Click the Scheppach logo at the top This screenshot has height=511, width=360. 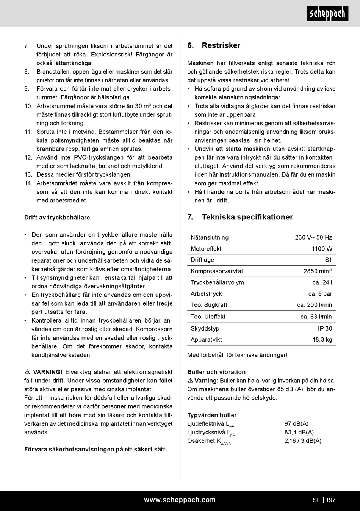click(327, 14)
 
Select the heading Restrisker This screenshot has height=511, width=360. click(221, 45)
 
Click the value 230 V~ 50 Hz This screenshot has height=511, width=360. click(313, 238)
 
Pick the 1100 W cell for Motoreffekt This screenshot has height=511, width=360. click(322, 249)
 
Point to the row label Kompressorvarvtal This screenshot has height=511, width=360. click(216, 271)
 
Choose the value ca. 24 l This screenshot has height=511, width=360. click(322, 282)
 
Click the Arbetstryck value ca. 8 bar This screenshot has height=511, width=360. click(320, 294)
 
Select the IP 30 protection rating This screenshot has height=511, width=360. click(325, 329)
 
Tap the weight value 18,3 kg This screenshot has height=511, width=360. click(322, 340)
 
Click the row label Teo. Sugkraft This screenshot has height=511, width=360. click(209, 305)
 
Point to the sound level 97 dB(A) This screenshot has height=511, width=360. click(296, 424)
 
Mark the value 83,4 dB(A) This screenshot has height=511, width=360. click(299, 432)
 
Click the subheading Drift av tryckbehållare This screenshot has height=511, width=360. click(57, 218)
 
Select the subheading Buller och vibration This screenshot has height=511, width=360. click(216, 372)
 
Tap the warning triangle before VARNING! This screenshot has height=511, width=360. click(27, 372)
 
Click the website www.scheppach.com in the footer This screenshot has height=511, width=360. click(180, 500)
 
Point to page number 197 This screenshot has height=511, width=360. click(331, 500)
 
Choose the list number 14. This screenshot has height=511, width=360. click(28, 183)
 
